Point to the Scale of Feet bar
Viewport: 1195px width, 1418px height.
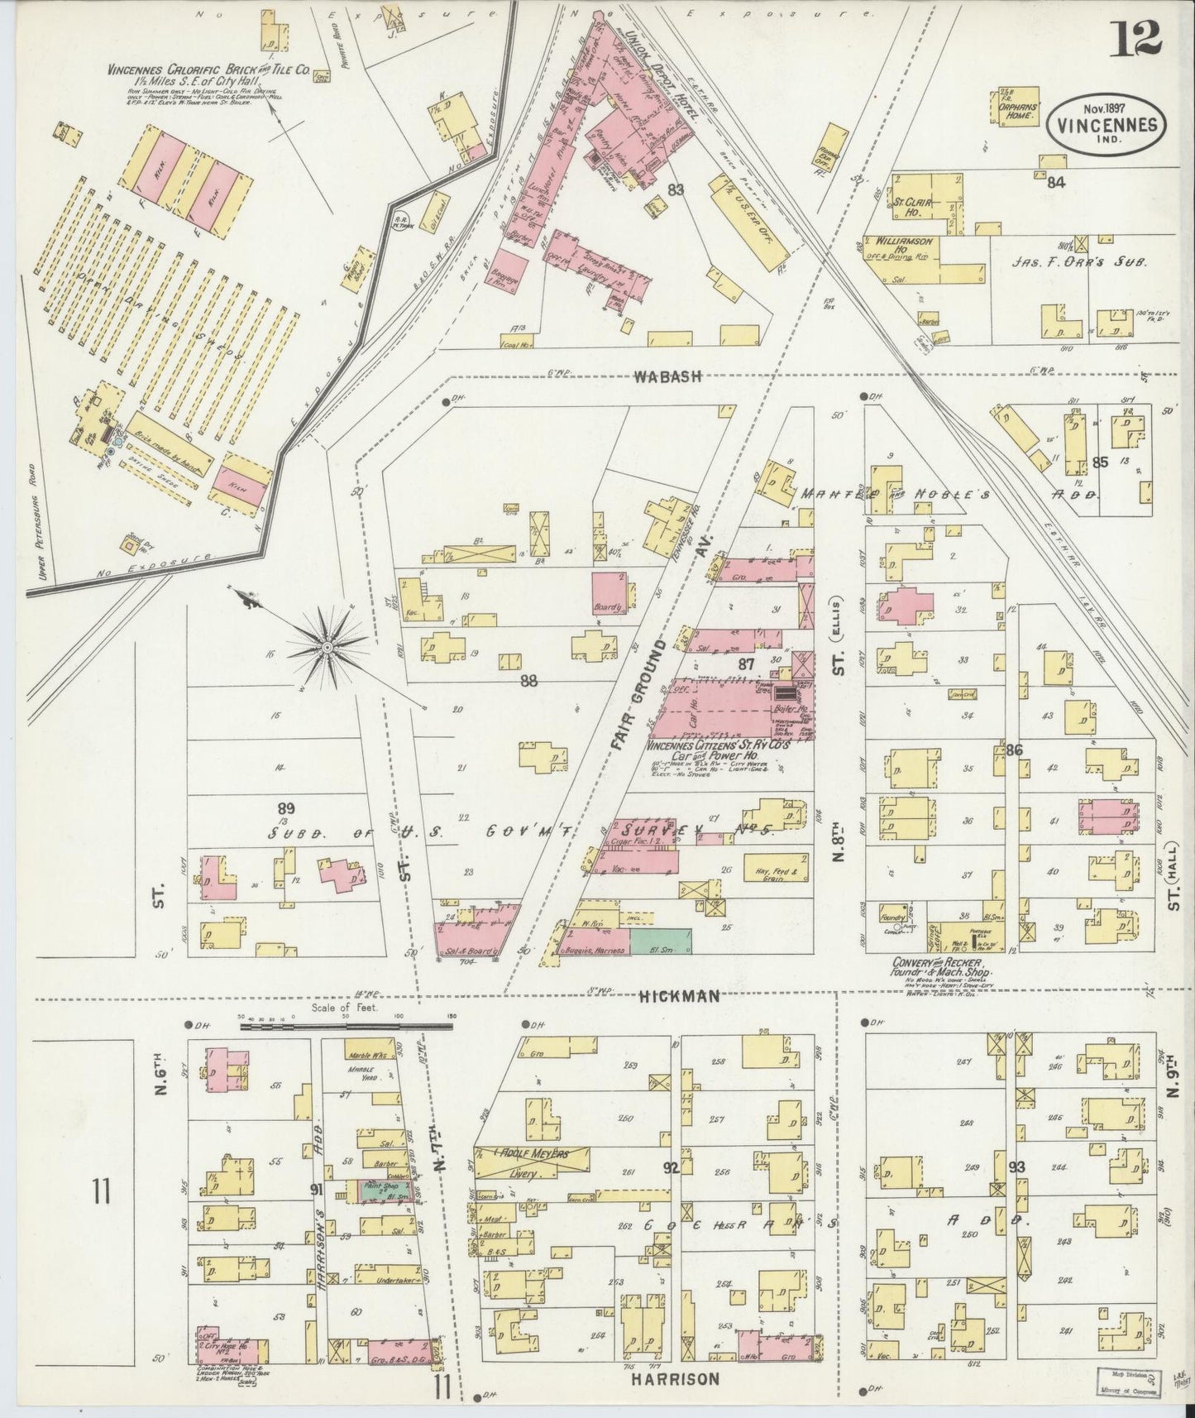click(348, 1026)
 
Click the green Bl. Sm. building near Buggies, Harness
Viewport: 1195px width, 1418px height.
click(661, 941)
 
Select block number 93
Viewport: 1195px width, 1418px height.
click(1016, 1167)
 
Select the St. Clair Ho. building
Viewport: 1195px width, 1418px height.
click(920, 203)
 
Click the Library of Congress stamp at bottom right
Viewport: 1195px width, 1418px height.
click(1126, 1382)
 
